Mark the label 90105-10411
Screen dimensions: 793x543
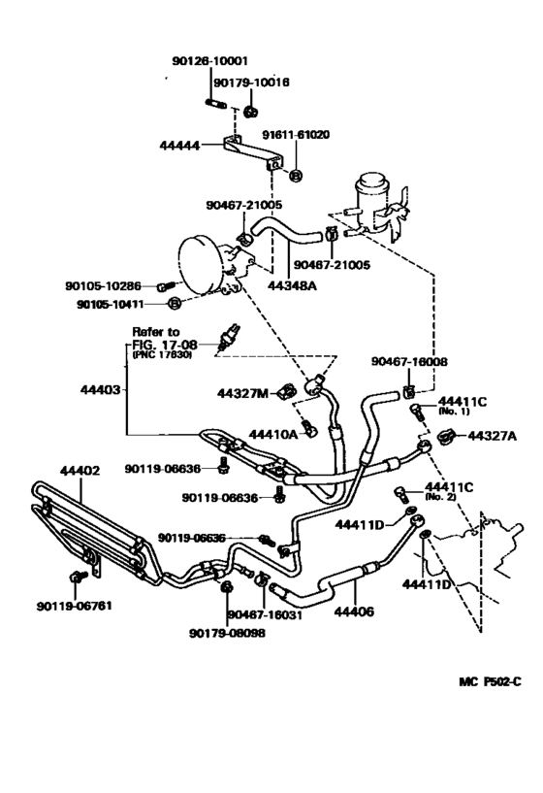click(x=125, y=304)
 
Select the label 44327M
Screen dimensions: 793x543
click(x=241, y=392)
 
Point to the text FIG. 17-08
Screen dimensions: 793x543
click(x=161, y=344)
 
